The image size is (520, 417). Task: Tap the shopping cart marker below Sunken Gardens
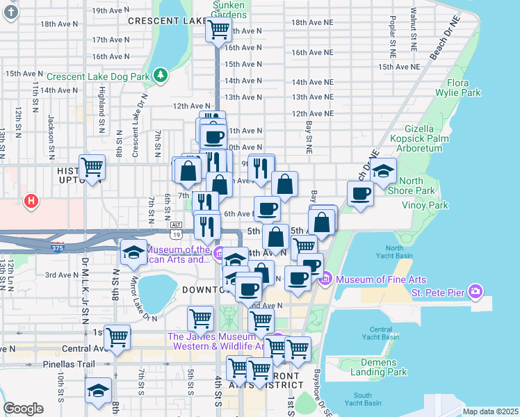tap(218, 30)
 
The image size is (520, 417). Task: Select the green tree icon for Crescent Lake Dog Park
tap(161, 74)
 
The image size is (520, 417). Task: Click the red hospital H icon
tap(31, 202)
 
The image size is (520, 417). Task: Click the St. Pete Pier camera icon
tap(475, 290)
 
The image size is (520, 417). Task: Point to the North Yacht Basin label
tap(394, 252)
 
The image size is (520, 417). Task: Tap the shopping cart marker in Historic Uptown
tap(92, 167)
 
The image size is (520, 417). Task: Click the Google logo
tap(24, 409)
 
